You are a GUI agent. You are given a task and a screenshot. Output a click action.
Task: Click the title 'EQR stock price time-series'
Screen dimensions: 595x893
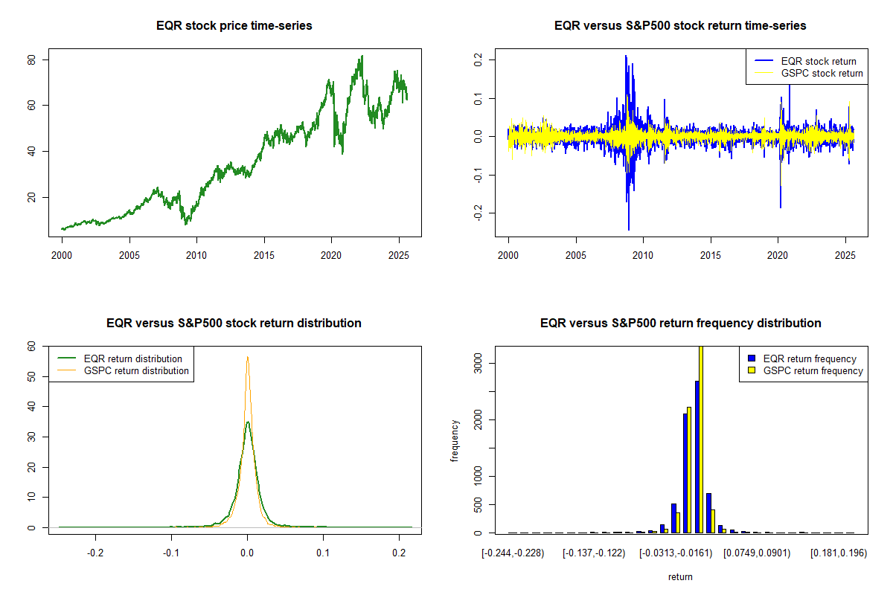click(x=234, y=26)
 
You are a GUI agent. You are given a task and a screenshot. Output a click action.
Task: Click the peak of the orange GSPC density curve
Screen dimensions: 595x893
click(x=247, y=357)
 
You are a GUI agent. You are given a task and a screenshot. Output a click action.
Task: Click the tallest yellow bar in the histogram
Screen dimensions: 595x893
click(x=701, y=439)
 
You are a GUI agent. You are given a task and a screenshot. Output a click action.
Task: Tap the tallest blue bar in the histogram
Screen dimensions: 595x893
click(x=697, y=457)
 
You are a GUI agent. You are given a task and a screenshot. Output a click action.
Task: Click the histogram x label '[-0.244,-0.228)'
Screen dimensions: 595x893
click(x=513, y=554)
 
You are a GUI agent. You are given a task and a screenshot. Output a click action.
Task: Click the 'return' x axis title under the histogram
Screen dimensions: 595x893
click(x=680, y=576)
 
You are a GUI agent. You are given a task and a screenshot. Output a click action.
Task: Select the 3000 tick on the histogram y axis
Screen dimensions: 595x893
click(x=476, y=362)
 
